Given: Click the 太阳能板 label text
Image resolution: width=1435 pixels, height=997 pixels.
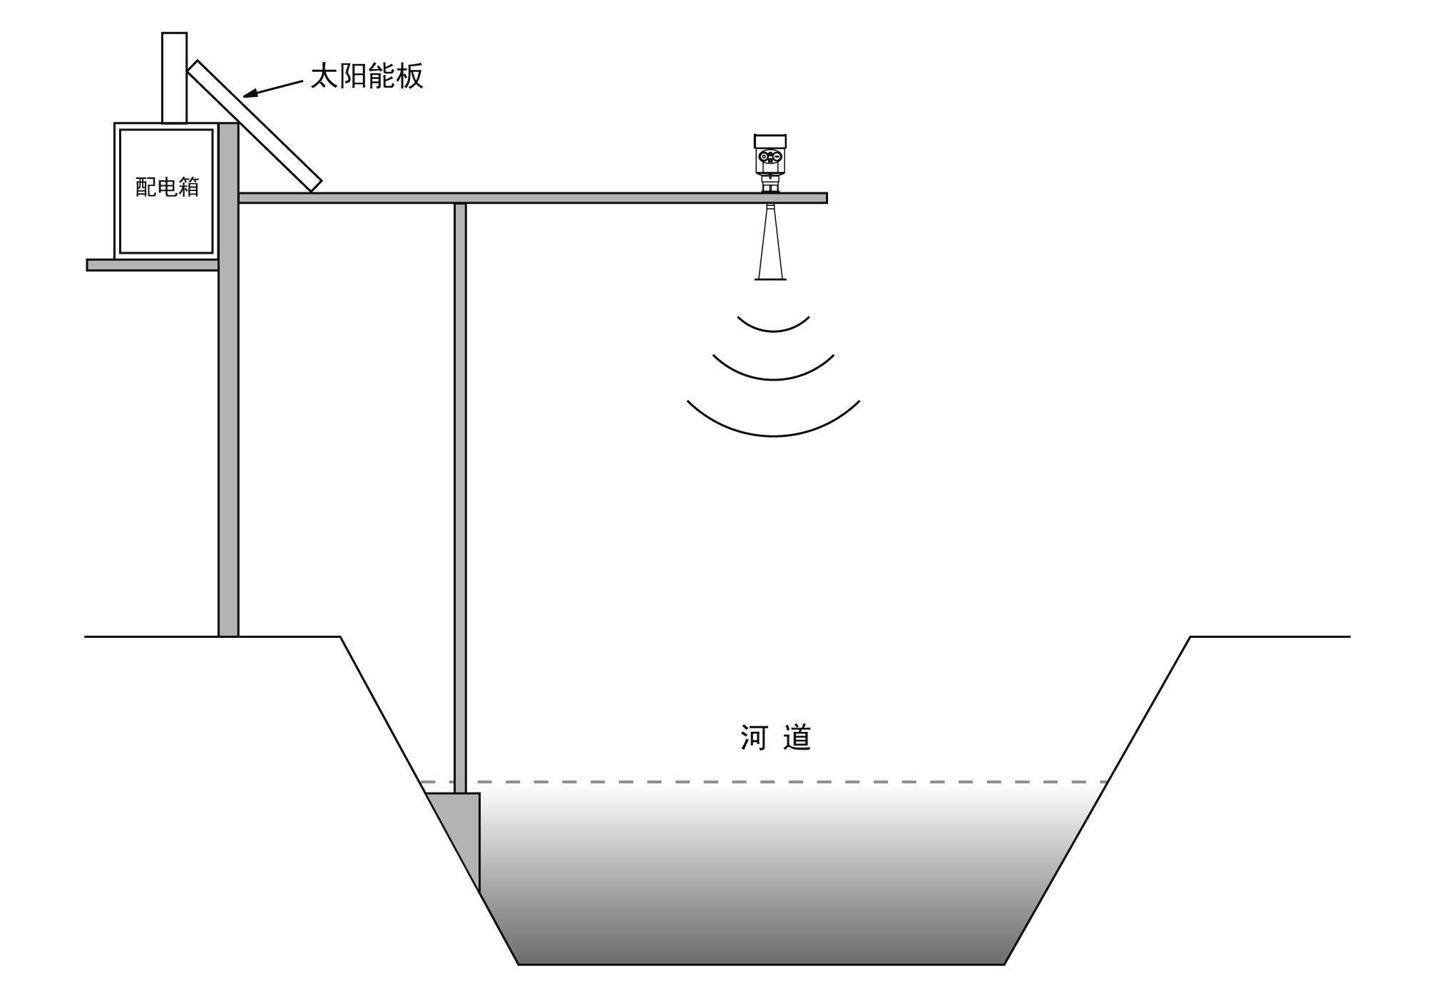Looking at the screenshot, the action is pyautogui.click(x=367, y=76).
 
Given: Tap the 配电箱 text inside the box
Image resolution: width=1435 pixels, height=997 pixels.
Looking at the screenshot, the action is pyautogui.click(x=167, y=187).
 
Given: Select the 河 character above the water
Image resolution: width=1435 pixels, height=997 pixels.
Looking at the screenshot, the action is pyautogui.click(x=753, y=738).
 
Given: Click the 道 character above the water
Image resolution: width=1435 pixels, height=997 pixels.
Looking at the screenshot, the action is pyautogui.click(x=797, y=738).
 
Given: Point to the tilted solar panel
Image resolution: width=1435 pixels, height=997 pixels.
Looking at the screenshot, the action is pyautogui.click(x=255, y=126).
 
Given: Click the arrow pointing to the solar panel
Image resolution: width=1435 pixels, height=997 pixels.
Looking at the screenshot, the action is pyautogui.click(x=273, y=88).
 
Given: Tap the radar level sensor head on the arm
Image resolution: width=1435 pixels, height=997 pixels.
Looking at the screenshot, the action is pyautogui.click(x=770, y=163).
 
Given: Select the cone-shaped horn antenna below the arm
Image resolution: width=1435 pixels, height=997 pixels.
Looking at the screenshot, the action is pyautogui.click(x=771, y=242).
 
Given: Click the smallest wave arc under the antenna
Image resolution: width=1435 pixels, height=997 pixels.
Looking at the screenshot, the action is pyautogui.click(x=774, y=325).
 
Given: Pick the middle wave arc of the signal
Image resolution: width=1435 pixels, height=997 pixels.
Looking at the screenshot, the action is pyautogui.click(x=774, y=368).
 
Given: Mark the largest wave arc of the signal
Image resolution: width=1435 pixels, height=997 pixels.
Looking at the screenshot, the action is pyautogui.click(x=774, y=418).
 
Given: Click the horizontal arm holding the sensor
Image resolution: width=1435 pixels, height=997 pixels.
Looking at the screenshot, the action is pyautogui.click(x=533, y=198).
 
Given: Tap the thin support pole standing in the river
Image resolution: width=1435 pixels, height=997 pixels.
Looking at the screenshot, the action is pyautogui.click(x=460, y=498).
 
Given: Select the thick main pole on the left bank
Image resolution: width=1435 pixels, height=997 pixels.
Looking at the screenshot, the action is pyautogui.click(x=228, y=379).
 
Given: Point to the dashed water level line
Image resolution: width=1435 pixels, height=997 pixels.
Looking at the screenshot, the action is pyautogui.click(x=764, y=782).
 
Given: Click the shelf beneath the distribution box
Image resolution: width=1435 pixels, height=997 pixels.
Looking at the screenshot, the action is pyautogui.click(x=153, y=265).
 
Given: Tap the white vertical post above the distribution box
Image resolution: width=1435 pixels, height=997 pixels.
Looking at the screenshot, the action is pyautogui.click(x=175, y=78).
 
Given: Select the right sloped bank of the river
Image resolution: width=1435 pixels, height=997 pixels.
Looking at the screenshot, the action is pyautogui.click(x=1098, y=800).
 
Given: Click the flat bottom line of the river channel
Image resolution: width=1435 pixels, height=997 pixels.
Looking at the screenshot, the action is pyautogui.click(x=761, y=964).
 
